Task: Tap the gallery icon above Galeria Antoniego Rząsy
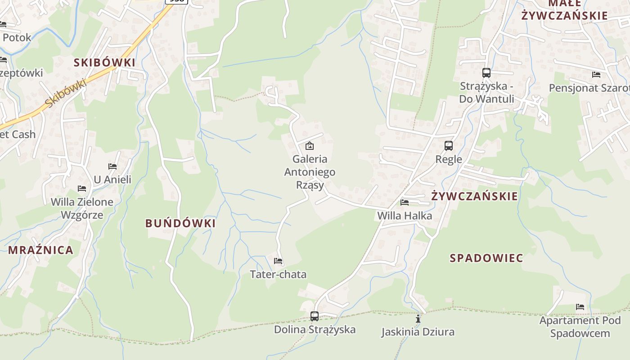310,146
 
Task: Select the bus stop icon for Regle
449,146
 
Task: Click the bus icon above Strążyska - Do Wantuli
486,73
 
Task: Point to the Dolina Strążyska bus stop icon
315,316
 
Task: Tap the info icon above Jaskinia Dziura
418,319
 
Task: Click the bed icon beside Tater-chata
278,261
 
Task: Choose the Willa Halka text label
405,216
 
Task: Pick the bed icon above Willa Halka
405,202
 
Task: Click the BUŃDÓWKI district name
180,223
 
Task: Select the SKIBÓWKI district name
104,63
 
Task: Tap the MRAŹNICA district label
40,250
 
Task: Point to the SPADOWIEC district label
486,258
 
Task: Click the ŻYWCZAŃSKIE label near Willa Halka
474,196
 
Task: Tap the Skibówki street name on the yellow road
66,94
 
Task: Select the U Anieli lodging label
112,180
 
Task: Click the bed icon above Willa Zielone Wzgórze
82,189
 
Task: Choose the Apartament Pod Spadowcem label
580,327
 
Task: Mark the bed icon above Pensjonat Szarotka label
596,75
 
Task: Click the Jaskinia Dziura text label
418,332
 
